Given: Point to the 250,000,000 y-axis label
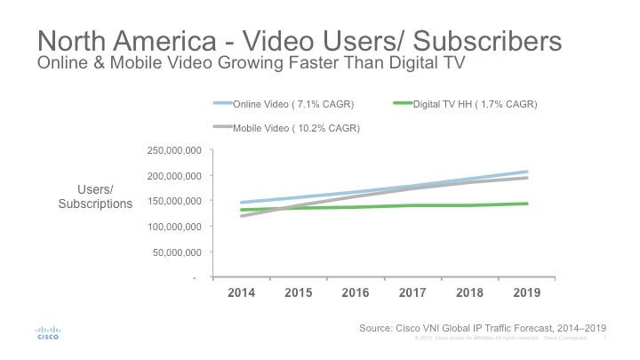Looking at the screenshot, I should (173, 150).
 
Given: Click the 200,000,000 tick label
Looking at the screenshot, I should (173, 175).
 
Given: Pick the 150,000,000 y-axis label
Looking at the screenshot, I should (173, 201).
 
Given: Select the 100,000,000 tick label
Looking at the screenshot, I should (173, 226).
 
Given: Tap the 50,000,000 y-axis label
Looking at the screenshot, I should (176, 252).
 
